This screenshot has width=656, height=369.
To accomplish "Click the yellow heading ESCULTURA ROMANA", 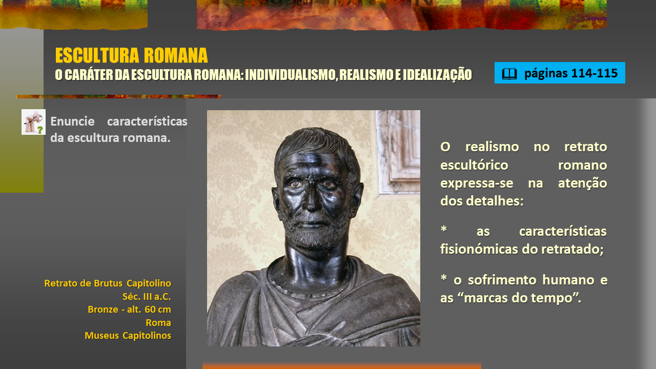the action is (x=132, y=55).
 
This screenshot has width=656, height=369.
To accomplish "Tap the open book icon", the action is (x=509, y=73).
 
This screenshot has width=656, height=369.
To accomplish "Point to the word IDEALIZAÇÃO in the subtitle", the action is (x=437, y=74).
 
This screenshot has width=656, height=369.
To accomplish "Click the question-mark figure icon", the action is (x=33, y=122).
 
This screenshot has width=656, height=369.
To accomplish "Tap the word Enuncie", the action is (x=72, y=121).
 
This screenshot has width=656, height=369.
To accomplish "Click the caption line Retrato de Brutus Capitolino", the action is (x=108, y=283).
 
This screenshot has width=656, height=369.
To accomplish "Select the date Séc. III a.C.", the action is (x=147, y=296).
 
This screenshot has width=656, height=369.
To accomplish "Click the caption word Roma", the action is (x=158, y=322).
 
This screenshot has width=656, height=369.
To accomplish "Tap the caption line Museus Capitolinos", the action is (x=128, y=335).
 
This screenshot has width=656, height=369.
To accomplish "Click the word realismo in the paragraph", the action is (x=492, y=147).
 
